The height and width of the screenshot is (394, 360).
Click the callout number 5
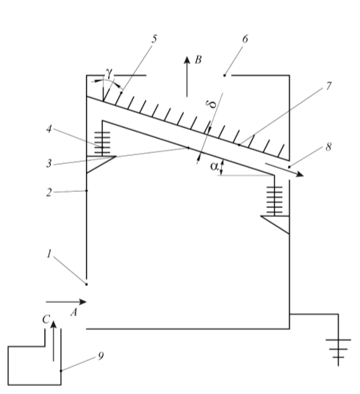point(154,39)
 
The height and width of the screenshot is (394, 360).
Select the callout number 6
point(245,39)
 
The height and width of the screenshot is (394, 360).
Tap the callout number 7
point(328,86)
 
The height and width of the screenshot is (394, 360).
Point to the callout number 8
point(328,147)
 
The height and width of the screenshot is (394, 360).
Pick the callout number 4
point(49,129)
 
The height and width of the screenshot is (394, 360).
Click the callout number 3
point(48,164)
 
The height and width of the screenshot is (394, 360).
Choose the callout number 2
point(49,193)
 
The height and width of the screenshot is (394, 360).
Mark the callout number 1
point(49,254)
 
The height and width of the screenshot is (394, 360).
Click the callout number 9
point(101,356)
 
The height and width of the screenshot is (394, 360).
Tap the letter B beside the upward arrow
point(198,60)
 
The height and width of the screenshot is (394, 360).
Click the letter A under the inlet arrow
point(73,312)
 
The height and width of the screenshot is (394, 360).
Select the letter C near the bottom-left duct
point(46,319)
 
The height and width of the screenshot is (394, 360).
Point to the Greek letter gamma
point(109,73)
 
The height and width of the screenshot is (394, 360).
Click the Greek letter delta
point(212,104)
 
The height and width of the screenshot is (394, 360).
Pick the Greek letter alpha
point(215,166)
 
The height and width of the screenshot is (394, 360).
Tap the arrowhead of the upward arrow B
point(187,60)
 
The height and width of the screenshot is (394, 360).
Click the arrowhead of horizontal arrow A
point(82,302)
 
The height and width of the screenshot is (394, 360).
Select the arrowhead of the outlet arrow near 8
point(299,174)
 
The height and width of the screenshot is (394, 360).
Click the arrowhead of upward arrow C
point(53,325)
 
